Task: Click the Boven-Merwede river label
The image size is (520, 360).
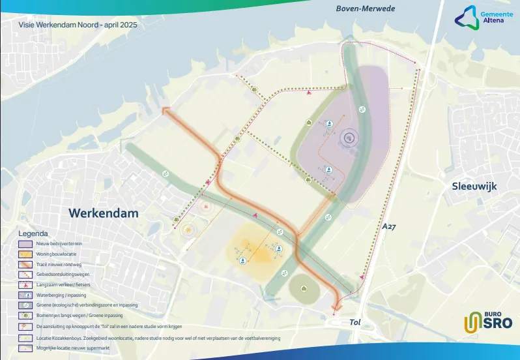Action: click(366, 9)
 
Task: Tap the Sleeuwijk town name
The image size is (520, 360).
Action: click(474, 186)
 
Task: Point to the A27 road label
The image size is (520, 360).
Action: click(390, 226)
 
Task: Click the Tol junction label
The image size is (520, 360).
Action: click(355, 322)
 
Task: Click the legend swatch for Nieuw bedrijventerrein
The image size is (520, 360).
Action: click(25, 243)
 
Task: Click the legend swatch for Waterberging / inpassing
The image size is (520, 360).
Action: click(25, 295)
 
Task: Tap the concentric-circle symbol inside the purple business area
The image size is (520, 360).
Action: click(349, 137)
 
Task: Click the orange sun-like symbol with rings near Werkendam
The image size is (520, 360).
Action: click(189, 230)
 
